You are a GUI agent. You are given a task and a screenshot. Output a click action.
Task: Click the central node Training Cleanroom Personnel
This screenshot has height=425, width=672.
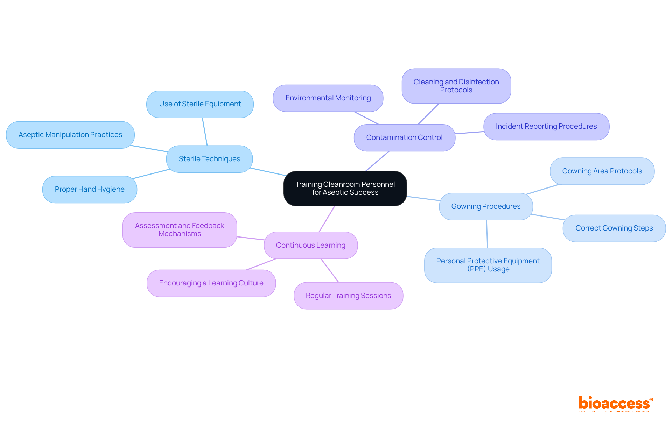point(345,189)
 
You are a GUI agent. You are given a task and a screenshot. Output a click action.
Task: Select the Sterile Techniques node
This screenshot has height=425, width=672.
point(209,159)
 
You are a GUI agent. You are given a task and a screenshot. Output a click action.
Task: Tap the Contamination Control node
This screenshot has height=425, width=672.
point(404,137)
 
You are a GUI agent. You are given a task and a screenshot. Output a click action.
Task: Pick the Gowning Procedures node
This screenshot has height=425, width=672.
point(486,206)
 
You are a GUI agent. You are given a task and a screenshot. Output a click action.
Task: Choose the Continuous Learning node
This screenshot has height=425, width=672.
point(310,245)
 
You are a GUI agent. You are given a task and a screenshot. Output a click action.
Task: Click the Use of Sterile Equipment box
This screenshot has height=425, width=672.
point(200,104)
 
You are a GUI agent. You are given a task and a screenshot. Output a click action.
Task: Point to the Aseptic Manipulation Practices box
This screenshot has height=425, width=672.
point(70,135)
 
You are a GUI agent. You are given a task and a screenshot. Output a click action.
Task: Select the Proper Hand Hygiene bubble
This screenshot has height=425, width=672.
point(90,189)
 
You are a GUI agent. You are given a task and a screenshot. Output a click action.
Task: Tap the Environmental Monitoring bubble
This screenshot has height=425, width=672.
point(328,98)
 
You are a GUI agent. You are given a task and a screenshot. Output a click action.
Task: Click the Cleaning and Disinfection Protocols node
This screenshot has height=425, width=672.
point(456,86)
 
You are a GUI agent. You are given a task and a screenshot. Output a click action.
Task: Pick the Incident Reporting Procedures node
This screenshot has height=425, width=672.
point(546,126)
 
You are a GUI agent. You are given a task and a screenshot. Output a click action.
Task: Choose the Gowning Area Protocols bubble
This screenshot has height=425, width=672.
point(602,171)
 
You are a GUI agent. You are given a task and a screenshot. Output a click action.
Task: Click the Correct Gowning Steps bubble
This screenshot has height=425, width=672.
point(614,228)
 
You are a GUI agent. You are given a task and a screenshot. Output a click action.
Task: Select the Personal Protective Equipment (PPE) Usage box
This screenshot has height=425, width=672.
point(488,265)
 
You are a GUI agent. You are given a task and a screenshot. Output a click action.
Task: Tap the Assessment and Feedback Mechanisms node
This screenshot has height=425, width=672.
point(180,230)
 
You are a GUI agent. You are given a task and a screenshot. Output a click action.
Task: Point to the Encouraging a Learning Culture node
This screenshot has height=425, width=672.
point(211,283)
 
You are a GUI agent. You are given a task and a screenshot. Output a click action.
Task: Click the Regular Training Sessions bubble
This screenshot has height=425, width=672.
point(348,296)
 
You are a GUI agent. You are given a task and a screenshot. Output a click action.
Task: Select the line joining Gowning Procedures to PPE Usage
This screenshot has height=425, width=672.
point(487,234)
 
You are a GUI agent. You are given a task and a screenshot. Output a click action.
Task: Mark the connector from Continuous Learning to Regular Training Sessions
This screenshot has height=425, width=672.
point(330,270)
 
